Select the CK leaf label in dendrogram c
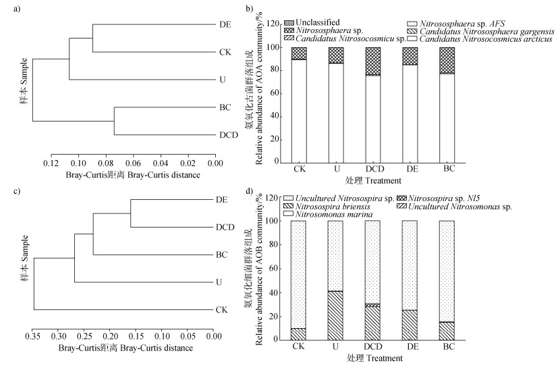coord(222,310)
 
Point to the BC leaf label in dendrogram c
coord(222,255)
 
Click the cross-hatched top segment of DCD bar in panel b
coord(372,61)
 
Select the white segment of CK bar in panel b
coord(299,111)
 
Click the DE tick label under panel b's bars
coord(409,169)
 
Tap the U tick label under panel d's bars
coord(335,346)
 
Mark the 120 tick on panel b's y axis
coord(273,24)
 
